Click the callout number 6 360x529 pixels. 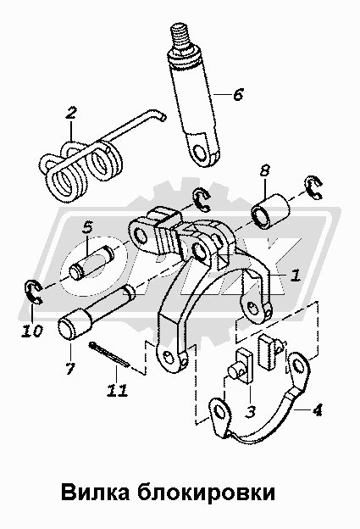(x=238, y=94)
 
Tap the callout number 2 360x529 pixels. (x=71, y=113)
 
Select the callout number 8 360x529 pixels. (x=264, y=170)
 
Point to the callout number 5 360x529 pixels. (x=87, y=228)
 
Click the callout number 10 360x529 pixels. (x=32, y=331)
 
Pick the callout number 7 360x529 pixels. (x=69, y=369)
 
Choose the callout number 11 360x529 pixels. (x=117, y=390)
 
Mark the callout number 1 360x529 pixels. (x=296, y=276)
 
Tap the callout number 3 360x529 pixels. (x=250, y=412)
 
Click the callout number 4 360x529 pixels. (x=317, y=410)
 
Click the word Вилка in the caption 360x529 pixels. (x=96, y=493)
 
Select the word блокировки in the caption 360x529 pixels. (x=207, y=493)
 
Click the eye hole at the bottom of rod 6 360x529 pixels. (x=202, y=151)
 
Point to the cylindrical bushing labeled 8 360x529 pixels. (x=271, y=212)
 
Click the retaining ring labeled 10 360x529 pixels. (x=34, y=291)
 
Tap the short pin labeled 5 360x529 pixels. (x=91, y=262)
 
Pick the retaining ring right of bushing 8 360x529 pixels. (x=314, y=188)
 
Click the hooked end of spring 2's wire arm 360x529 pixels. (x=163, y=117)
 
